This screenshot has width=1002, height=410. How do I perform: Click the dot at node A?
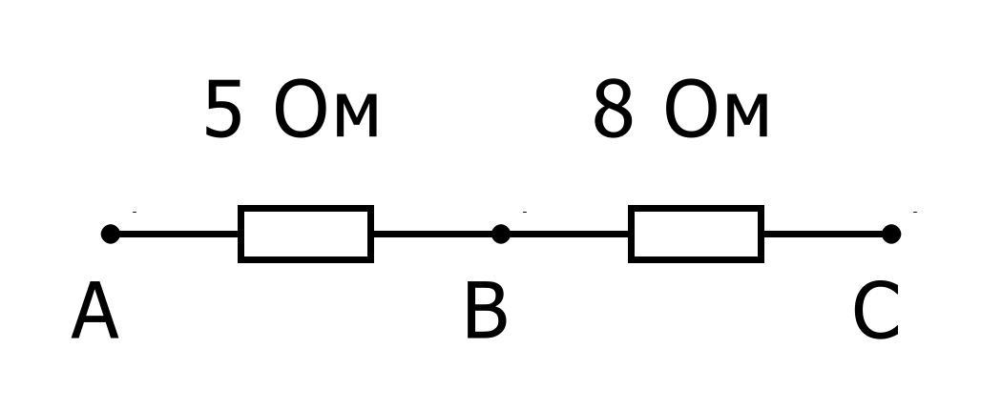click(111, 234)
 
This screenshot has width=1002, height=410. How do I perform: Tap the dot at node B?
click(501, 234)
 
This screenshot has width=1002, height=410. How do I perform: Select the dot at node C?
click(891, 234)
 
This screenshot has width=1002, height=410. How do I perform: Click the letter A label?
click(94, 313)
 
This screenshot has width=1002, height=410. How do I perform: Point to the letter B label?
click(485, 313)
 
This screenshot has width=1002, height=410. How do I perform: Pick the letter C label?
click(876, 313)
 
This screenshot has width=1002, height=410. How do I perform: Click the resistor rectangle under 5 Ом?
click(305, 234)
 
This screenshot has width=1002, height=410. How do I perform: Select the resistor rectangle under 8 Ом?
click(696, 234)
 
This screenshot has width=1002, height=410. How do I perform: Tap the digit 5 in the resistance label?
click(223, 112)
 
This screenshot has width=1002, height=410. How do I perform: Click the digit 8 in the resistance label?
click(614, 112)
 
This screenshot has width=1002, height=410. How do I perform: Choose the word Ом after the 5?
click(326, 112)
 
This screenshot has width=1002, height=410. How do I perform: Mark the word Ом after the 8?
click(717, 112)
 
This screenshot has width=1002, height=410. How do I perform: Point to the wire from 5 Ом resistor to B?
click(434, 234)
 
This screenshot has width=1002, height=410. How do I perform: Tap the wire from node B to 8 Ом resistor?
click(565, 234)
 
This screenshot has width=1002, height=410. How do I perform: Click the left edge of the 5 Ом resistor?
click(241, 234)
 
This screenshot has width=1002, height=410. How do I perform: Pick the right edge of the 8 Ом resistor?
click(761, 234)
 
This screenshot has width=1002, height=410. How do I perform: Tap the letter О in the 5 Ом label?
click(300, 112)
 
